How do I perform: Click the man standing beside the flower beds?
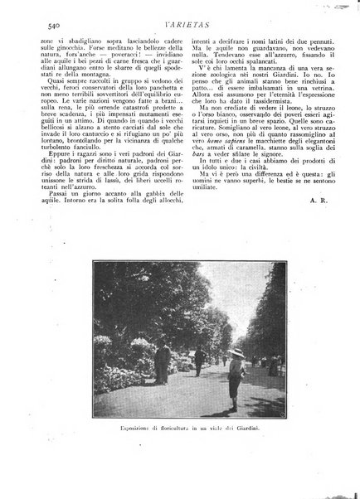click(x=164, y=362)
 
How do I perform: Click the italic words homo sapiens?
click(x=230, y=157)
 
